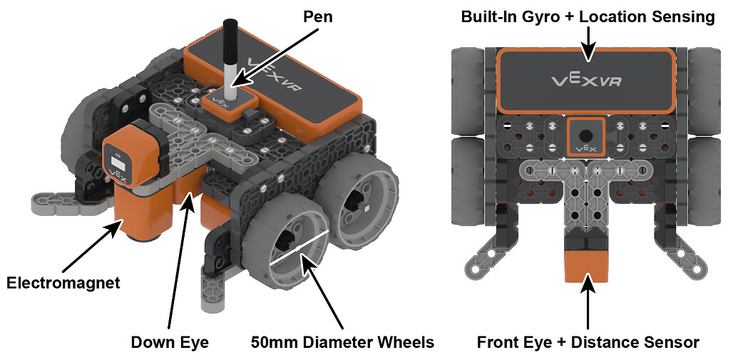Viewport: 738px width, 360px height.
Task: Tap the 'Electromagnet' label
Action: coord(63,283)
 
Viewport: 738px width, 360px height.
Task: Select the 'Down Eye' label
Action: coord(169,342)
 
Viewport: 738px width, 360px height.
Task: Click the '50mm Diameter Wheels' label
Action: coord(342,342)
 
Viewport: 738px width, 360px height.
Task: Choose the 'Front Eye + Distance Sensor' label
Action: coord(588,342)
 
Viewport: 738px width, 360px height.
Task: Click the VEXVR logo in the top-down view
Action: coord(587,80)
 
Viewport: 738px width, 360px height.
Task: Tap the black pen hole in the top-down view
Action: coord(585,135)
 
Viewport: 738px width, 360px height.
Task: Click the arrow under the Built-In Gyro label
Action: coord(588,44)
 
